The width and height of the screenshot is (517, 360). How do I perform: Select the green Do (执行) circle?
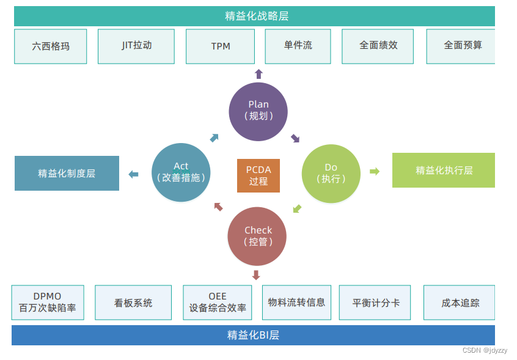coord(331,174)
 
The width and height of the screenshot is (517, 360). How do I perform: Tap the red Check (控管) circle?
coord(257,237)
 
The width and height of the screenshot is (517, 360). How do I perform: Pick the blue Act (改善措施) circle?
coord(181,173)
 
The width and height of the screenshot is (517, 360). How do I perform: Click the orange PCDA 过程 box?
coord(258,175)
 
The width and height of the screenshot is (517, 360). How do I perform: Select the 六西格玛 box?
coord(51,46)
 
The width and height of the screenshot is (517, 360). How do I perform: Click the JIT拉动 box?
coord(136,46)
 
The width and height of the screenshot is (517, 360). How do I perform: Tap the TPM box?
coord(221,46)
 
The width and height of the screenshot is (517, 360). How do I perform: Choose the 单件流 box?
coord(298,46)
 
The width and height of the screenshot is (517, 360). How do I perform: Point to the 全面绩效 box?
coord(378,46)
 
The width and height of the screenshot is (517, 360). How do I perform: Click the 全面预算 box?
coord(461,46)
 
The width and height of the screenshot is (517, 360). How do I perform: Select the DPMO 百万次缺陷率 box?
coord(48,303)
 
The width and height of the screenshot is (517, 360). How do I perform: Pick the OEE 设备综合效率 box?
coord(218,303)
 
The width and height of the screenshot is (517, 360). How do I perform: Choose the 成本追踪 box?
coord(460,303)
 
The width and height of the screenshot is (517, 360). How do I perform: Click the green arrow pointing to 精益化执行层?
coord(375,171)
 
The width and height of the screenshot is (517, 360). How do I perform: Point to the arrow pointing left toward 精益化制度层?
coord(133,175)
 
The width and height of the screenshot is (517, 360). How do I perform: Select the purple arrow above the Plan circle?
coord(258,74)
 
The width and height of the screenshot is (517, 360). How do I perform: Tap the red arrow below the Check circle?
coord(256,275)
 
